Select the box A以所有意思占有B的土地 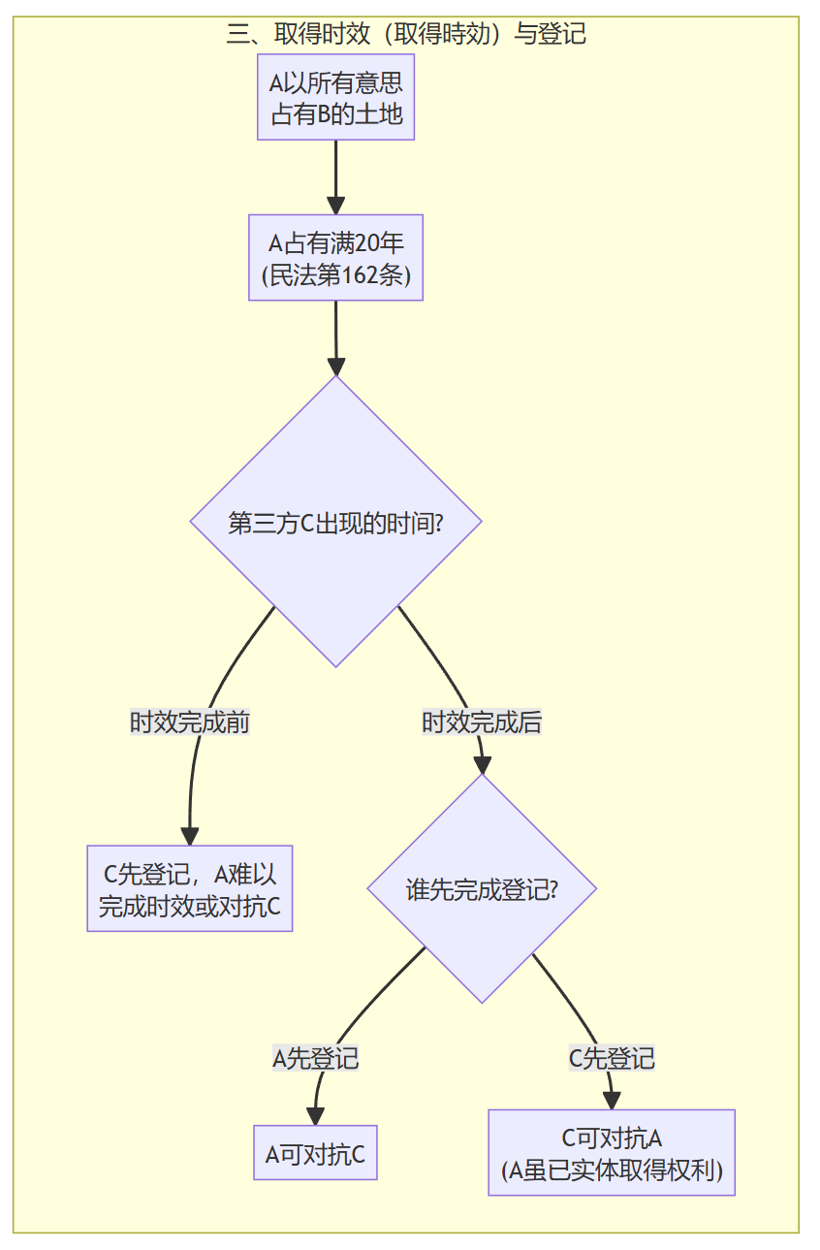click(x=335, y=98)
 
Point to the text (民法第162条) click(x=335, y=275)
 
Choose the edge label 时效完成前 click(x=190, y=722)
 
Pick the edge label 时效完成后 click(x=481, y=722)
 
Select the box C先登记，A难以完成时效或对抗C click(x=190, y=888)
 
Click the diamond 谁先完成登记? click(x=481, y=889)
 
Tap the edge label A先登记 click(x=316, y=1058)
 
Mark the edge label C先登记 click(x=612, y=1058)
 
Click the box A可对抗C click(x=315, y=1153)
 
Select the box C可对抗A click(x=612, y=1138)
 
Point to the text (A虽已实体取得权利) click(x=612, y=1170)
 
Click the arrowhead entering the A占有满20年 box click(x=335, y=206)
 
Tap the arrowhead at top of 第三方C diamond click(x=335, y=367)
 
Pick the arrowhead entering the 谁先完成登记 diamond click(x=481, y=765)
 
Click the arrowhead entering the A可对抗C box click(x=315, y=1116)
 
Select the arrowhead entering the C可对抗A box click(x=612, y=1101)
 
